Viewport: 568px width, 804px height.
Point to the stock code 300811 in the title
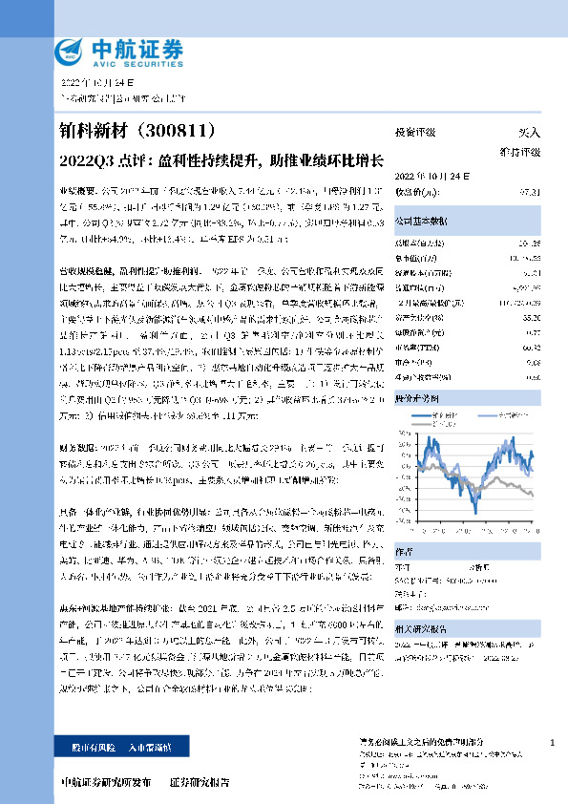[x=179, y=130]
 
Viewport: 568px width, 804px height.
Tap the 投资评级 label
[x=415, y=132]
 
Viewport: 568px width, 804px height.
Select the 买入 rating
[x=529, y=132]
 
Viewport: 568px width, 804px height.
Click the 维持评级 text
[x=520, y=151]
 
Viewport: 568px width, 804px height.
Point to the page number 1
[x=554, y=742]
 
